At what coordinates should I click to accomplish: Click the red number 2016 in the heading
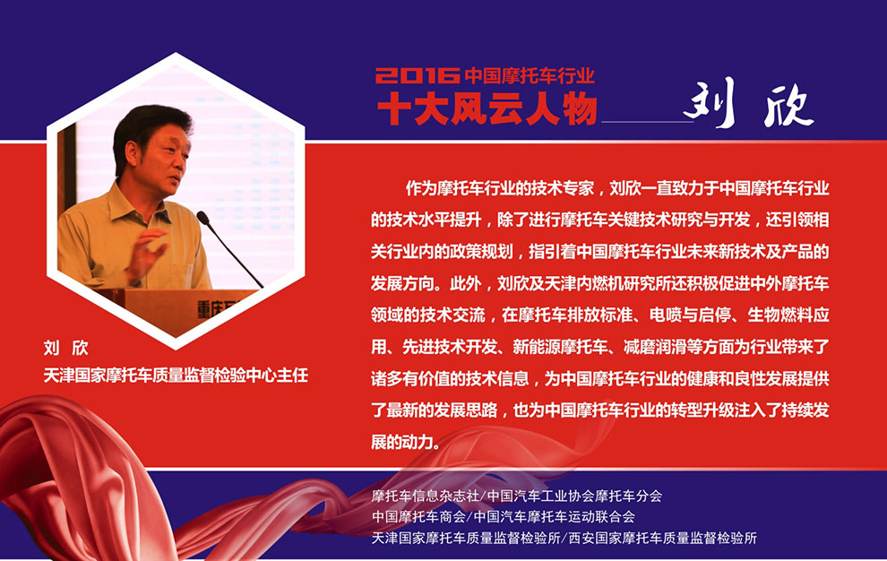(x=418, y=75)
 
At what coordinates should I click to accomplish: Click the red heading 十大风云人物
(x=487, y=108)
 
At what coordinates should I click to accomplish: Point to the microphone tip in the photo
(x=202, y=216)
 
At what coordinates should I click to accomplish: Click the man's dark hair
(x=148, y=127)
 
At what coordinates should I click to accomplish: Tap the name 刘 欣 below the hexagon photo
(x=66, y=348)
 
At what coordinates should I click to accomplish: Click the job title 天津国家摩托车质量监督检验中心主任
(x=176, y=375)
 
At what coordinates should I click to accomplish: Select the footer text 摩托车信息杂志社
(x=426, y=496)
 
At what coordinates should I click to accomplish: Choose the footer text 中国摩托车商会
(x=418, y=516)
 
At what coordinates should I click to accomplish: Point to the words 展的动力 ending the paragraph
(x=402, y=441)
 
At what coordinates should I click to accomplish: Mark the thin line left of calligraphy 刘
(x=647, y=121)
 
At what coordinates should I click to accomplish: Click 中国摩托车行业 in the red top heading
(x=530, y=75)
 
